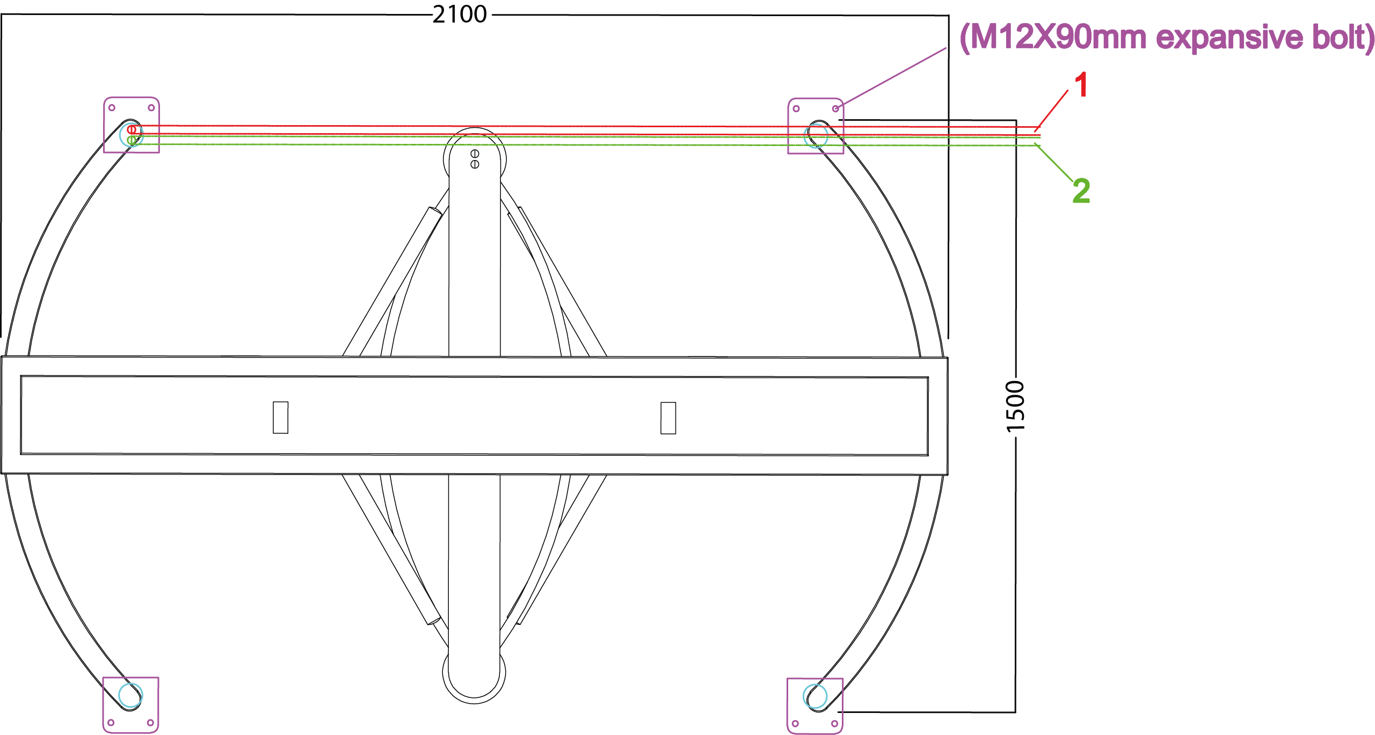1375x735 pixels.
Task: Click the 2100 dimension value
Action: coord(460,14)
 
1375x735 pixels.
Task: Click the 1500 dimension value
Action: coord(1015,406)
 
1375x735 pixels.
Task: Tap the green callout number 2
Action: coord(1081,191)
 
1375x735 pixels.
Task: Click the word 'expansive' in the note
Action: coord(1230,39)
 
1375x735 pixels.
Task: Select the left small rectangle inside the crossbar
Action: coord(280,417)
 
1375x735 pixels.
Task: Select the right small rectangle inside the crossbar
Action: coord(668,418)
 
